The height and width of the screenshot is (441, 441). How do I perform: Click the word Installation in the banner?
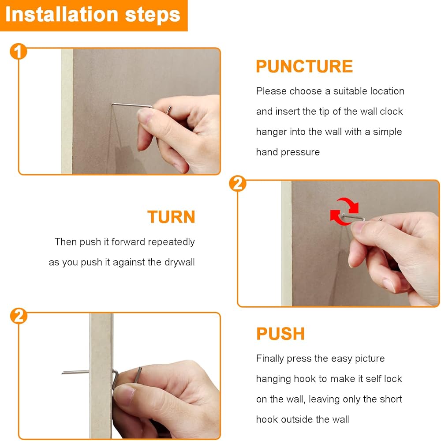coord(62,15)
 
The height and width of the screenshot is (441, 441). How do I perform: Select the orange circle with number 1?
coord(18,52)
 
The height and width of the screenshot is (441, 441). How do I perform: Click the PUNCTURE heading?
coord(304,67)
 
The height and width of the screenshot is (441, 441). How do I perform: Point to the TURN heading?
coord(171,217)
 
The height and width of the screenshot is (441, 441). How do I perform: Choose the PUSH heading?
coord(280,334)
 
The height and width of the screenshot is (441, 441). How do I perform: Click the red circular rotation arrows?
coord(344,211)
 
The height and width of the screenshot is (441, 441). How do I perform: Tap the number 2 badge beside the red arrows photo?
coord(238,184)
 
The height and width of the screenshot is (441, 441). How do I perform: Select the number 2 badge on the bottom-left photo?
coord(19,316)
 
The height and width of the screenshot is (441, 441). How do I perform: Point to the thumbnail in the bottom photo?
coord(125,393)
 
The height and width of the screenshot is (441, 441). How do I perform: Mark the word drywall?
coord(179,262)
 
